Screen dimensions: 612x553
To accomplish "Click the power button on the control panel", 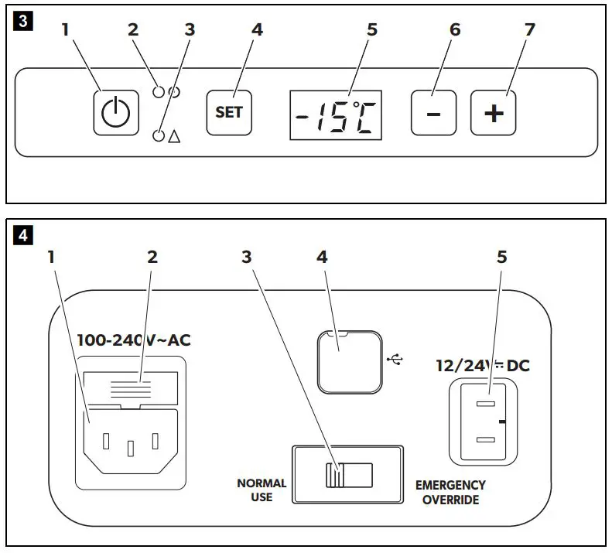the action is [116, 113].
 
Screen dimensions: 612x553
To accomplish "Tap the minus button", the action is [433, 113].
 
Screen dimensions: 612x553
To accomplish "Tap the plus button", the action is [494, 113].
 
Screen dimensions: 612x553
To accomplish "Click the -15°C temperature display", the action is [336, 115].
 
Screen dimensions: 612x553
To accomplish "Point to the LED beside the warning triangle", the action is [159, 135].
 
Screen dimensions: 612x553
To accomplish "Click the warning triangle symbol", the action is [174, 136].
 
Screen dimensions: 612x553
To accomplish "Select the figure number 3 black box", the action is [23, 21].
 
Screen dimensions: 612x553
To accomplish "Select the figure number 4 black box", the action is [23, 235].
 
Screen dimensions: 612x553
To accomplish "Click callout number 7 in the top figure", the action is [529, 29].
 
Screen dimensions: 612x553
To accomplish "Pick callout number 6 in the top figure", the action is [455, 29].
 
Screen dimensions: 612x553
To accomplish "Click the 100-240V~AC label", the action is [134, 340].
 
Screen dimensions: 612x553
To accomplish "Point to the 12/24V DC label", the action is [483, 366].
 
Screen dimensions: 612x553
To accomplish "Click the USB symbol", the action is [395, 360].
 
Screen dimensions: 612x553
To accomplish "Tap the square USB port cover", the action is [350, 362].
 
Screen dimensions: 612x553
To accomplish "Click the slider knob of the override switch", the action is [334, 475].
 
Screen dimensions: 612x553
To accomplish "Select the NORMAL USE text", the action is [262, 490].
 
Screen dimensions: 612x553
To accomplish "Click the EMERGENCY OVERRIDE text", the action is [450, 492].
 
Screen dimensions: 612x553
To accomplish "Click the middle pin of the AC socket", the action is [131, 449].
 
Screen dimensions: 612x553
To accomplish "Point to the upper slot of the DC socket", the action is [486, 404].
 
